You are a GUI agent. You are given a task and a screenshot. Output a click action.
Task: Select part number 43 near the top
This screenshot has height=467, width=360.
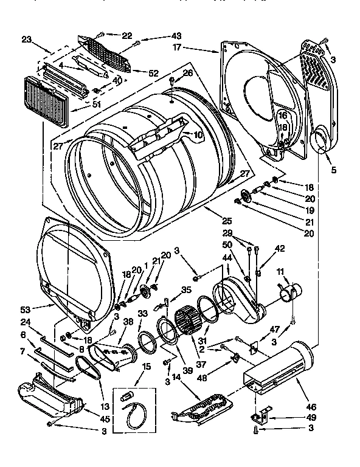point(160,36)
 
